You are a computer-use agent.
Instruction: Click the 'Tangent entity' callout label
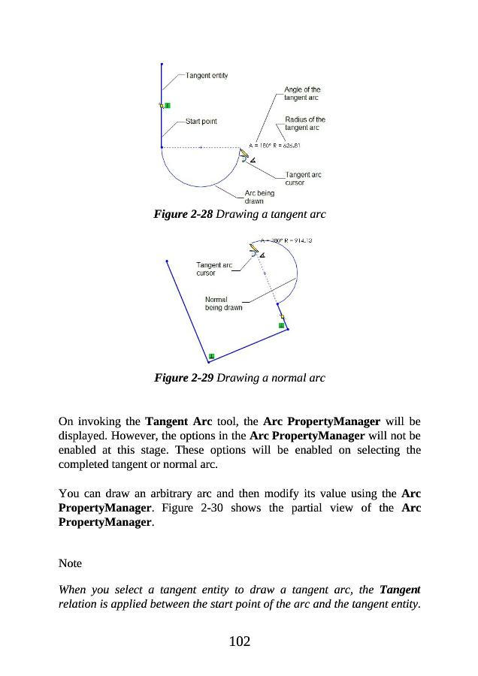coord(207,75)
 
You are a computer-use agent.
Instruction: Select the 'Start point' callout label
coord(201,122)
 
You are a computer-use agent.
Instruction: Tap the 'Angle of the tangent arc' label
coord(302,95)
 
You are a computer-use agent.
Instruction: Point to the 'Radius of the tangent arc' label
coord(304,123)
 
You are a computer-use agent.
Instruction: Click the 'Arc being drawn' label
coord(259,197)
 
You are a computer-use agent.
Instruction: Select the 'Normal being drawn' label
coord(223,303)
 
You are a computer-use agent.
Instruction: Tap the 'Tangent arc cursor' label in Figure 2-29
coord(213,269)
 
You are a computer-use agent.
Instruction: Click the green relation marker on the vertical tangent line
coord(167,105)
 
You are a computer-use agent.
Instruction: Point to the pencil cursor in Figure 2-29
coord(256,249)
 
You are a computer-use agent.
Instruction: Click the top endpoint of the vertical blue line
coord(162,64)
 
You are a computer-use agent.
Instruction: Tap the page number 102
coord(239,641)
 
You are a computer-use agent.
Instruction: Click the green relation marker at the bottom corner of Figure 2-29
coord(212,355)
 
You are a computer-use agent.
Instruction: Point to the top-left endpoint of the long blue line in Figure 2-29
coord(167,261)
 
